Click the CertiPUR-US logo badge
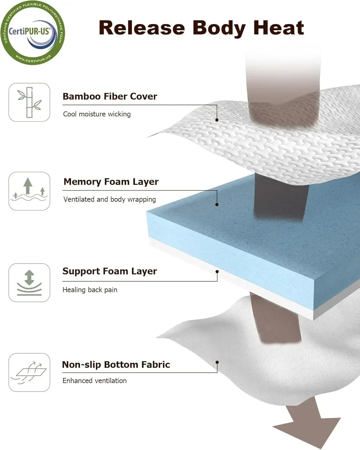(x=33, y=33)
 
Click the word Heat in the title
(x=279, y=28)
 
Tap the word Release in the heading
(x=142, y=28)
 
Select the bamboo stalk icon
(x=29, y=102)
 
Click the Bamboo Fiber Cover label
(x=110, y=96)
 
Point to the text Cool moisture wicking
(x=97, y=114)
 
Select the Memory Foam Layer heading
(x=111, y=182)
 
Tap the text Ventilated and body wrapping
(x=109, y=199)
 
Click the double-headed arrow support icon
(x=29, y=283)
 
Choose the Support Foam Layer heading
(x=109, y=271)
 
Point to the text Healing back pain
(x=90, y=290)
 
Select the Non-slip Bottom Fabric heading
(x=116, y=364)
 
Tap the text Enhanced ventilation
(x=94, y=381)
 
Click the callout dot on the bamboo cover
(x=217, y=120)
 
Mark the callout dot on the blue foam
(x=217, y=205)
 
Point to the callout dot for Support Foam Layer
(x=217, y=271)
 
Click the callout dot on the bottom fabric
(x=217, y=362)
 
